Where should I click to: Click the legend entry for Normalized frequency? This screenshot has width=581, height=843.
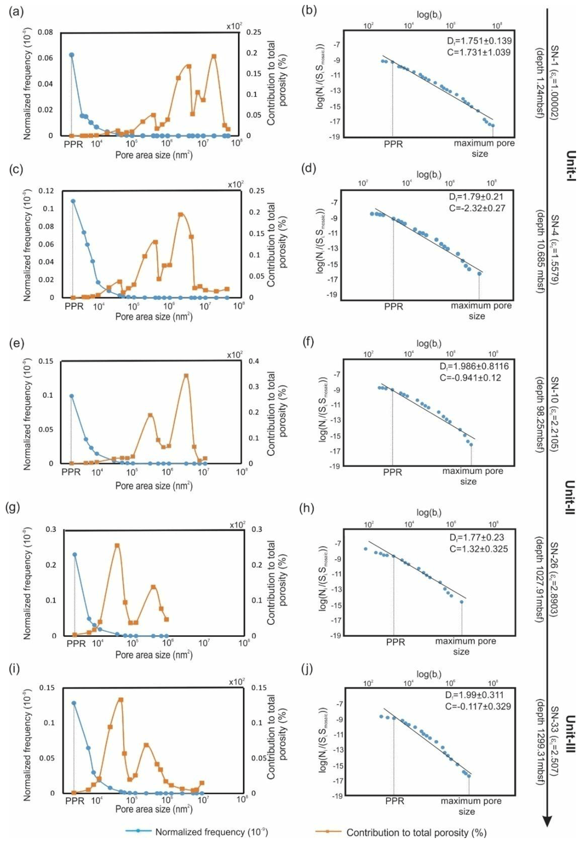click(x=211, y=832)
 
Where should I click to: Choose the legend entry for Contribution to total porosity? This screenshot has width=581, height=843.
click(x=416, y=832)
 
